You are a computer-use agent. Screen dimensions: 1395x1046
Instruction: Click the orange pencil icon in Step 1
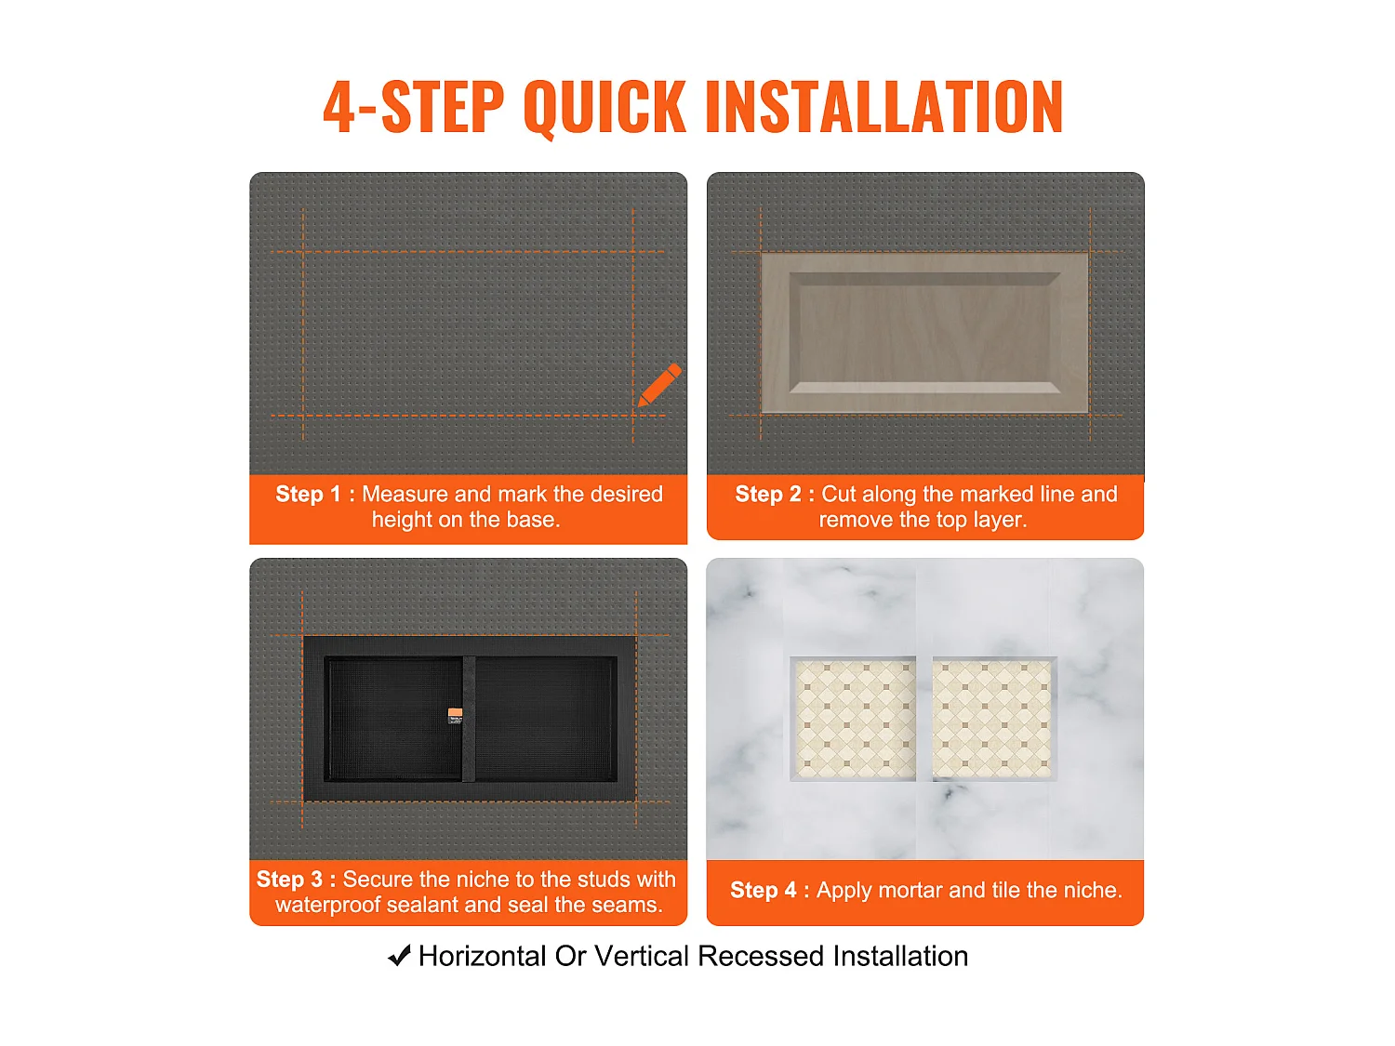[659, 385]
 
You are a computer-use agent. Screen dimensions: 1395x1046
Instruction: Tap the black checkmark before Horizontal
[399, 956]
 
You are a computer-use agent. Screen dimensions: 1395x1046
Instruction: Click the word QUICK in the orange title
[604, 107]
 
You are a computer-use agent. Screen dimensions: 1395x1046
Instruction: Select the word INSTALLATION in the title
[883, 107]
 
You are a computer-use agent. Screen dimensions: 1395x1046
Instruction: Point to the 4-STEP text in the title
[414, 107]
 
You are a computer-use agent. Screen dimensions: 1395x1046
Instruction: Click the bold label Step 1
[308, 494]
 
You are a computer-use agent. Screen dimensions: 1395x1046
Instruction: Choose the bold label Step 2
[768, 494]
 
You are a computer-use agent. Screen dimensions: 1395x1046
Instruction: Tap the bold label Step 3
[290, 880]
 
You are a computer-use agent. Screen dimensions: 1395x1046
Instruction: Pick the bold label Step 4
[764, 891]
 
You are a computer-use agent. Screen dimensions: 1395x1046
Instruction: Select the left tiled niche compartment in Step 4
[853, 719]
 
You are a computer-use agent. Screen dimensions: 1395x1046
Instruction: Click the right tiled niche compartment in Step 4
[994, 719]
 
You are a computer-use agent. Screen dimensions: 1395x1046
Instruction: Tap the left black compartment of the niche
[393, 719]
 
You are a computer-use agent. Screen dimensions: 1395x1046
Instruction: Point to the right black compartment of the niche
[546, 719]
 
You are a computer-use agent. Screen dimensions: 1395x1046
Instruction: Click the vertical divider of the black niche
[469, 719]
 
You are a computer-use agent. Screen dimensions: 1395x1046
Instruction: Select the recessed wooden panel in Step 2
[924, 334]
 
